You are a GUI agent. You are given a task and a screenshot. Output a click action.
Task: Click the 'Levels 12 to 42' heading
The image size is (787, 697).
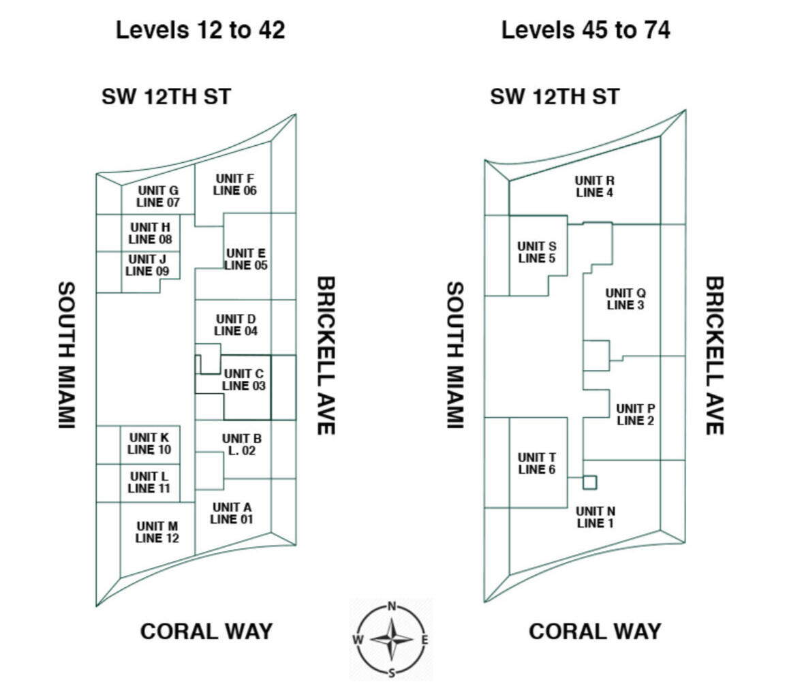(x=200, y=30)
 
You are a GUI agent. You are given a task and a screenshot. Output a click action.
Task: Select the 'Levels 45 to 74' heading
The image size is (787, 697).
(x=586, y=30)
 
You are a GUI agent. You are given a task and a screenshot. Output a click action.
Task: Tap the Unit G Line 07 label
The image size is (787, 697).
(x=158, y=196)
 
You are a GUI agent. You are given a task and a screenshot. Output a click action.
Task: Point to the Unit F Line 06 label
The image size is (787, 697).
(x=235, y=185)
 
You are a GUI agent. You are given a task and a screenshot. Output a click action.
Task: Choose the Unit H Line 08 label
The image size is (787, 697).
(x=150, y=233)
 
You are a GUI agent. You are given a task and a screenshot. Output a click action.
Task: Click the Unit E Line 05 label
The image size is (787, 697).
(x=246, y=259)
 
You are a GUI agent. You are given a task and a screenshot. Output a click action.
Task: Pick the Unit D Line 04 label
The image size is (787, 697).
(x=235, y=325)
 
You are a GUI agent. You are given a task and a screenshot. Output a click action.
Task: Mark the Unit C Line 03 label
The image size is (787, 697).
(x=243, y=380)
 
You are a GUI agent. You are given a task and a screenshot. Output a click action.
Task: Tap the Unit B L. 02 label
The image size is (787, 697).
(x=242, y=445)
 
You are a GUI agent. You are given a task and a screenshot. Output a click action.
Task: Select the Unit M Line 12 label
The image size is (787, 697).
(x=157, y=532)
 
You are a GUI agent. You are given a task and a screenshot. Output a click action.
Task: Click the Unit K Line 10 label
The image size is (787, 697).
(x=149, y=444)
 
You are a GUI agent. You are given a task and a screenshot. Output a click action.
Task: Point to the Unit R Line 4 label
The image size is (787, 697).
(x=595, y=186)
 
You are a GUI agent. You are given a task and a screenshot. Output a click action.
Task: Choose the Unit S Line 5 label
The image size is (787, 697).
(x=536, y=252)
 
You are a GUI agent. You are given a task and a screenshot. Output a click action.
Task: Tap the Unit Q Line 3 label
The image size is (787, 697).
(x=626, y=299)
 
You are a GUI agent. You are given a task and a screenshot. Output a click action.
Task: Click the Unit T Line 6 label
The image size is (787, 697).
(x=536, y=464)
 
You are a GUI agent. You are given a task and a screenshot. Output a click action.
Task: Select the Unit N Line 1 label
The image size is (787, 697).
(x=596, y=517)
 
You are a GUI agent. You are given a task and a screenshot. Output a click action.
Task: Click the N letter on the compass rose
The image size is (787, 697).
(x=392, y=606)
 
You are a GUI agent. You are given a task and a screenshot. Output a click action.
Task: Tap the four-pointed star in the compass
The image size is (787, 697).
(x=392, y=639)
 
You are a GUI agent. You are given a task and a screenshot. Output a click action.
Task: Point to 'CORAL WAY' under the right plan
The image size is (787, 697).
(x=595, y=632)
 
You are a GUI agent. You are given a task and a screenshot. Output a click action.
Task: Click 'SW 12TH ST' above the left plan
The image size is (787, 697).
(x=166, y=96)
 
